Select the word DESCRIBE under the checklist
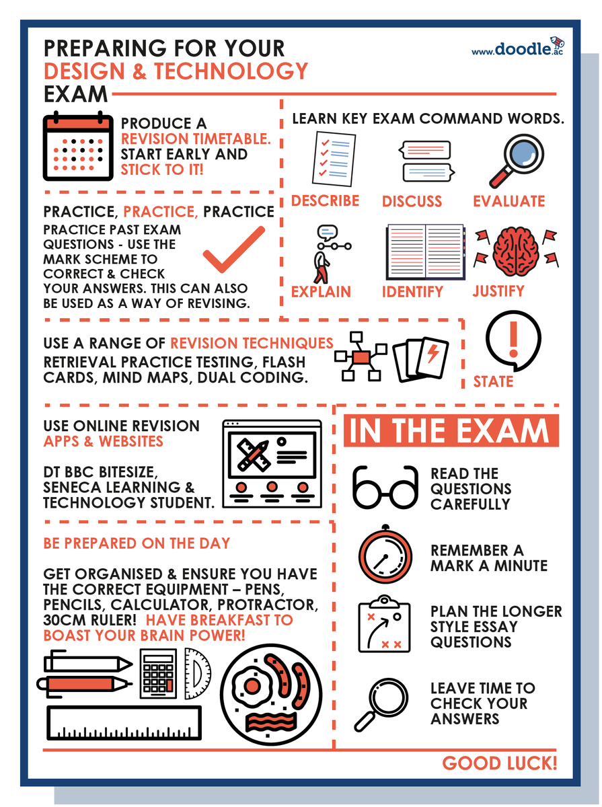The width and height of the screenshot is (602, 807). click(x=326, y=201)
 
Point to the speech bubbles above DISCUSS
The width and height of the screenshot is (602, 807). click(x=424, y=161)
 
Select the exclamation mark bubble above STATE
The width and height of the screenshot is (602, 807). click(x=512, y=343)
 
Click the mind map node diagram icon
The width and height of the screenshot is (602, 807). click(x=361, y=356)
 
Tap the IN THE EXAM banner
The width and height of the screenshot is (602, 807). click(x=451, y=431)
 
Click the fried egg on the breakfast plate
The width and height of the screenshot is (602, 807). click(x=253, y=686)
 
